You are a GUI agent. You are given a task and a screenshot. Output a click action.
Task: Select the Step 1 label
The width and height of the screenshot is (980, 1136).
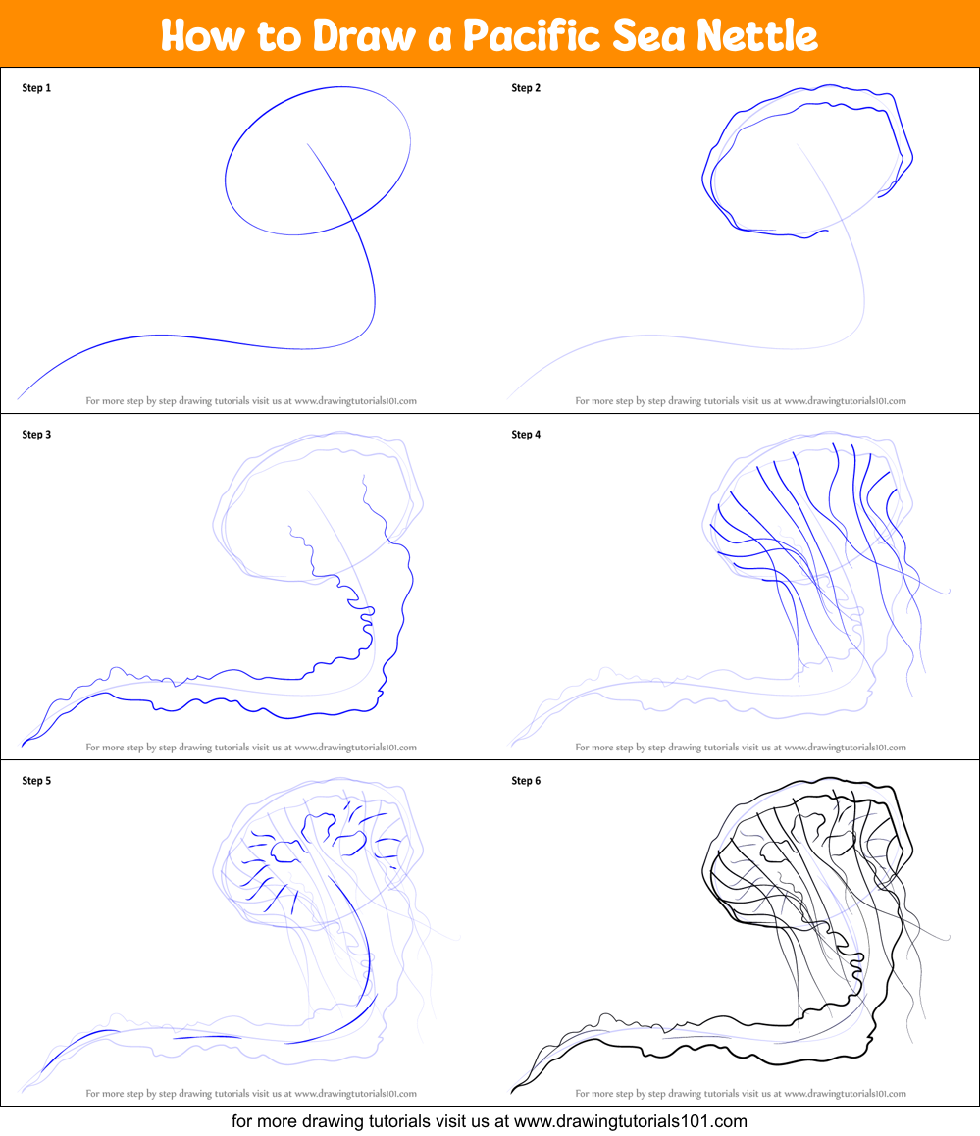pyautogui.click(x=36, y=88)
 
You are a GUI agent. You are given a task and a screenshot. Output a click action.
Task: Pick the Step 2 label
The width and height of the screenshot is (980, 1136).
pyautogui.click(x=526, y=88)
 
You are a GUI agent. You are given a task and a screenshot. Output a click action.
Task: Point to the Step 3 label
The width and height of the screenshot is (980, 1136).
pyautogui.click(x=36, y=435)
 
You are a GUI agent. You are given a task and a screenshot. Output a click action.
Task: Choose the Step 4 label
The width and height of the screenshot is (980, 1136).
pyautogui.click(x=526, y=435)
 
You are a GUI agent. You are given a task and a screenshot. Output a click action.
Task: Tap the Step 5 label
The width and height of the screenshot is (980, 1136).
pyautogui.click(x=36, y=781)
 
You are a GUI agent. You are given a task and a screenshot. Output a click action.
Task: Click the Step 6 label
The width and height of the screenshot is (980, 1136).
pyautogui.click(x=526, y=781)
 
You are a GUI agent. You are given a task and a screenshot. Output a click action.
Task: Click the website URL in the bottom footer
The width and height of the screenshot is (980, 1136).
pyautogui.click(x=631, y=1121)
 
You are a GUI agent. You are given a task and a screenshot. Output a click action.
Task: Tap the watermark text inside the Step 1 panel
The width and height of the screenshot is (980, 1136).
pyautogui.click(x=251, y=401)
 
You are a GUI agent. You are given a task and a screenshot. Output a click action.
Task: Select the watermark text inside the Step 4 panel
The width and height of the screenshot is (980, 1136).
pyautogui.click(x=741, y=748)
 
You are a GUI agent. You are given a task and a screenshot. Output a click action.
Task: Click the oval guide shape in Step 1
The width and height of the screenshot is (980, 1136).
pyautogui.click(x=318, y=160)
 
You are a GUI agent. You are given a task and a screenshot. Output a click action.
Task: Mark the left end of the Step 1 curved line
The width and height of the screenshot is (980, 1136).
pyautogui.click(x=20, y=397)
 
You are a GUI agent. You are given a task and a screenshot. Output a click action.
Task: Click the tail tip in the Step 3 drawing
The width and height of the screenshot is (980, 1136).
pyautogui.click(x=24, y=744)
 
